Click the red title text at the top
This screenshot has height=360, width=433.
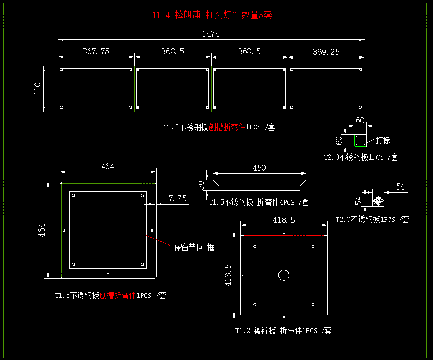212,15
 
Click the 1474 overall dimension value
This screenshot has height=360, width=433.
211,34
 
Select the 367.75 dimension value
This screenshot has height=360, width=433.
96,51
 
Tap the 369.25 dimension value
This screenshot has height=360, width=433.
326,51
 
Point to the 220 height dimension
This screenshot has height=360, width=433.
37,89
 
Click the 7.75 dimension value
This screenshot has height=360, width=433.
177,198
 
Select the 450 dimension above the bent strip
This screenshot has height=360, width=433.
259,168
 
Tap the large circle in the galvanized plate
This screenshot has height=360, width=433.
284,275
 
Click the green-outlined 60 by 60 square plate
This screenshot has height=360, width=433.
360,140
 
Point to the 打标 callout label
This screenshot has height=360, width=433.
383,140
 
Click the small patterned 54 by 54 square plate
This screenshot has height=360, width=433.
378,200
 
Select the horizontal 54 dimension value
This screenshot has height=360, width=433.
400,186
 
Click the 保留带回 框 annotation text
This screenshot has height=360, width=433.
194,248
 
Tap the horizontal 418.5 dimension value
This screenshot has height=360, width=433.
284,220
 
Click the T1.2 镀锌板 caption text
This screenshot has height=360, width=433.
283,330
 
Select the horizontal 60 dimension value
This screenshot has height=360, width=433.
360,120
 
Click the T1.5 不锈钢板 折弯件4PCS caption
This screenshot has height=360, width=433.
258,202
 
